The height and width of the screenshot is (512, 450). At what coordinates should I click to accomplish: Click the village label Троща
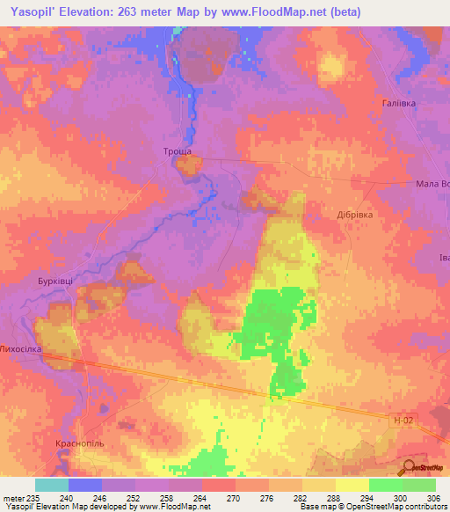178,152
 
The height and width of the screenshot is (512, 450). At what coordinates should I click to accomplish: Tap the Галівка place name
398,103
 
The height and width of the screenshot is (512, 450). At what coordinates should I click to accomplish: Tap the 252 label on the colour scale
134,498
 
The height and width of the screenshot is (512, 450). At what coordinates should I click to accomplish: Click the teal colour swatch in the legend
52,485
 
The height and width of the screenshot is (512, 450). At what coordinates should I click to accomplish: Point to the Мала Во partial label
432,185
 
